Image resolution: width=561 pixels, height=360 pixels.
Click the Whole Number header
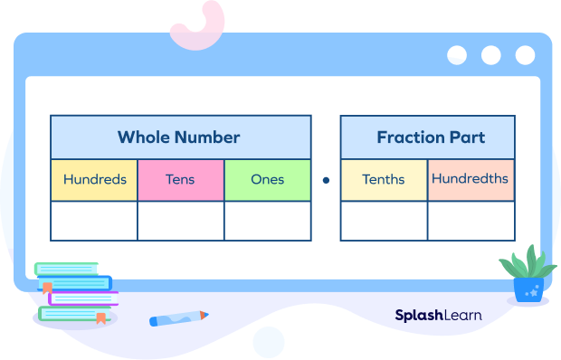coord(180,137)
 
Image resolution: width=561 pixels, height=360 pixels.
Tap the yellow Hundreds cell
coord(94,180)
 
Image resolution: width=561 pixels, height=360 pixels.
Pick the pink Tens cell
coord(181,180)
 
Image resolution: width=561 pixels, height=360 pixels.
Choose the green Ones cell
coord(268,180)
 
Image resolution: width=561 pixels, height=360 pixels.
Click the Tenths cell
coord(384,180)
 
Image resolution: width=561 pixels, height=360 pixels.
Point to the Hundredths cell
coord(471,179)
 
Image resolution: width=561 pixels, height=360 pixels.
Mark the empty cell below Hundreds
coord(94,221)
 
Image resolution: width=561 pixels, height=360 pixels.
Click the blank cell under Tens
coord(181,221)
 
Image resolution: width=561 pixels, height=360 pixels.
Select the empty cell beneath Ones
coord(268,221)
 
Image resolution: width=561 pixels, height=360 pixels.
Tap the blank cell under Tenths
coord(384,221)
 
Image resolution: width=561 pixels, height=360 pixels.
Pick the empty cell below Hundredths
coord(471,221)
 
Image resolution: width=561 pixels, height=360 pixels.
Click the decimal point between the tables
coord(326,180)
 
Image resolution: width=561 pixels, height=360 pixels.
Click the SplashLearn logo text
coord(438,315)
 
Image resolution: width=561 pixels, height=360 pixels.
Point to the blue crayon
coord(178,318)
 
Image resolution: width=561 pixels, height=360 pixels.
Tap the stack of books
coord(74,291)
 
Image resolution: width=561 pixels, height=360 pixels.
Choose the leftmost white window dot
coord(457,54)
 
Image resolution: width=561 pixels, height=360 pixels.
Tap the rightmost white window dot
coord(525,54)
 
